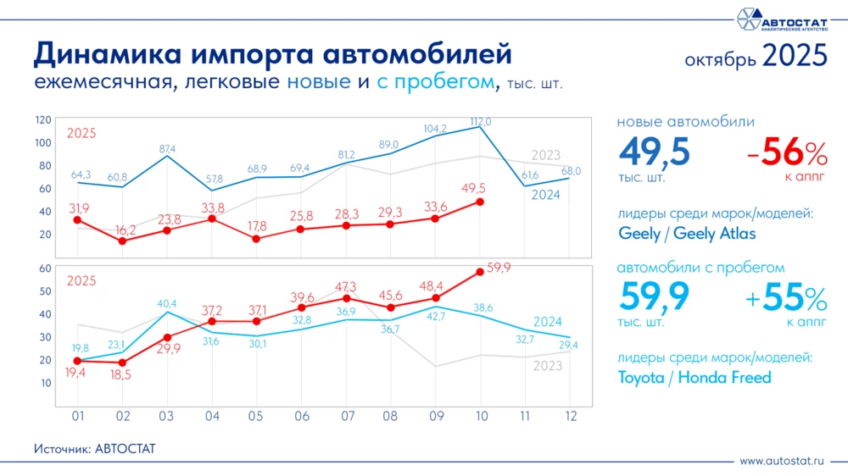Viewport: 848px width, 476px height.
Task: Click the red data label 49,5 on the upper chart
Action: pos(473,187)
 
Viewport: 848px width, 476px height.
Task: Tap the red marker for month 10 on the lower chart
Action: pos(480,271)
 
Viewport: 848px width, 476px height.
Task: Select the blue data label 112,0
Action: pos(480,122)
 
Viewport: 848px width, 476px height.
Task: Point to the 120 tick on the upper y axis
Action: pos(43,119)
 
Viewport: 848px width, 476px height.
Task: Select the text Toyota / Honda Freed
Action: pos(694,378)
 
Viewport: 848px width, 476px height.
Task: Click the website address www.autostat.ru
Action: pos(782,462)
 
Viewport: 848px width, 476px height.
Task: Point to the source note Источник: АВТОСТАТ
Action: pos(95,447)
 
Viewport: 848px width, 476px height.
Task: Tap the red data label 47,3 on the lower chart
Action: pos(345,287)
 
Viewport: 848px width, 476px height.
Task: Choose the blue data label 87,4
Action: pos(167,149)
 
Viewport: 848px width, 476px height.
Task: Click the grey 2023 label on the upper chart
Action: pos(546,155)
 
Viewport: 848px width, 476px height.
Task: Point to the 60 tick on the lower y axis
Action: pos(47,268)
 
